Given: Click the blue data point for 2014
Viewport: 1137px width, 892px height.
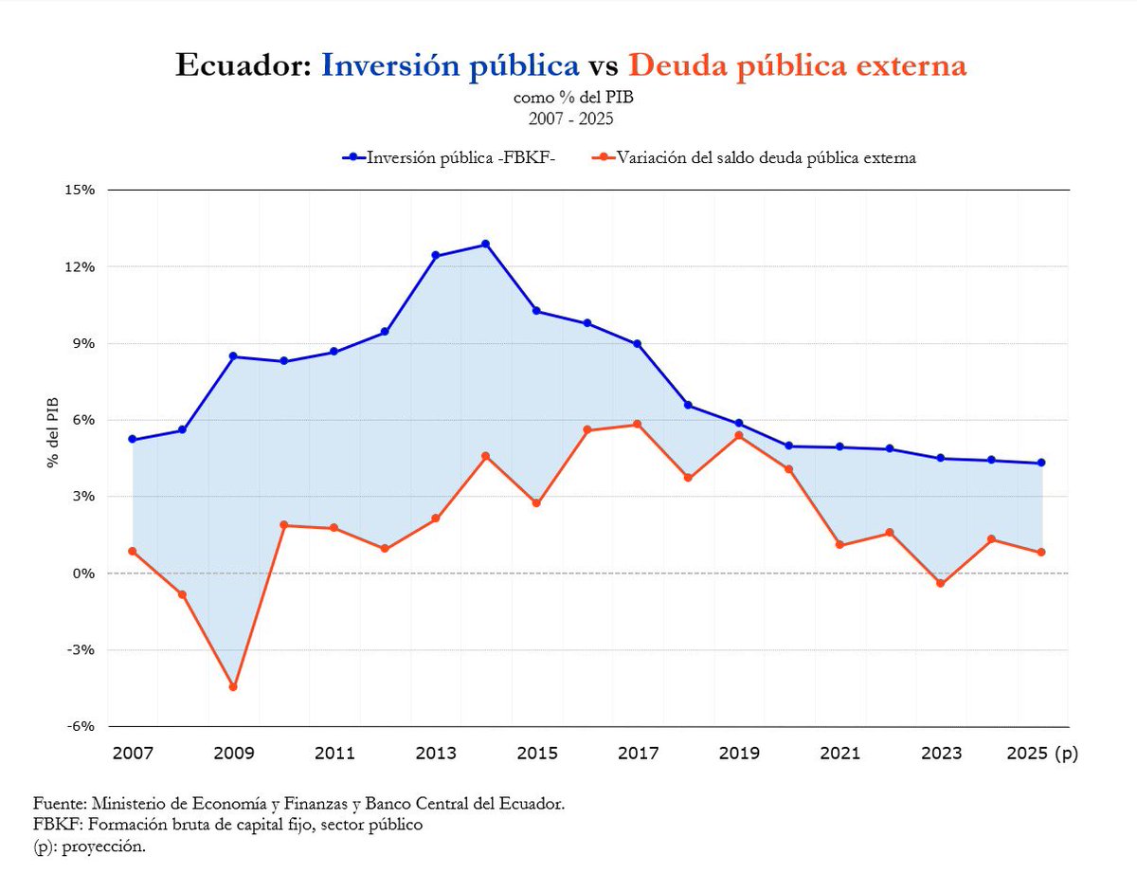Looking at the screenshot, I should [x=486, y=244].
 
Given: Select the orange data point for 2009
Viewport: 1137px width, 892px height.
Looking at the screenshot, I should [x=233, y=687].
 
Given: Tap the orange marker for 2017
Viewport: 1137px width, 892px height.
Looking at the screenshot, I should [x=638, y=424].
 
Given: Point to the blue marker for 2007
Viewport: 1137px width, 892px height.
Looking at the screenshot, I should [x=132, y=440].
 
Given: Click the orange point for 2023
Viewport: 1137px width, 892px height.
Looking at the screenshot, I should [x=941, y=584].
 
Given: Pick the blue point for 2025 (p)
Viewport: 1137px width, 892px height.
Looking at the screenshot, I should [x=1042, y=463].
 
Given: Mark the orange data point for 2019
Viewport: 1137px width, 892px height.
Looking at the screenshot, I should [x=739, y=436].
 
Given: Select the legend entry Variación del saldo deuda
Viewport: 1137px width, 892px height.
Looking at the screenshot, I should [x=753, y=158].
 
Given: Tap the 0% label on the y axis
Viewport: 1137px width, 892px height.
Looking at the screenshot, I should [x=85, y=573].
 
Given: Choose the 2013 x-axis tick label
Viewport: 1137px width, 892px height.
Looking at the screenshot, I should [x=436, y=754].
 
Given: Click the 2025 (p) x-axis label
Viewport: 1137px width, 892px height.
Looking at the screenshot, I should [x=1042, y=754].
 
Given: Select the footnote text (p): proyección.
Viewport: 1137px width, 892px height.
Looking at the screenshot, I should [x=90, y=846].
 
